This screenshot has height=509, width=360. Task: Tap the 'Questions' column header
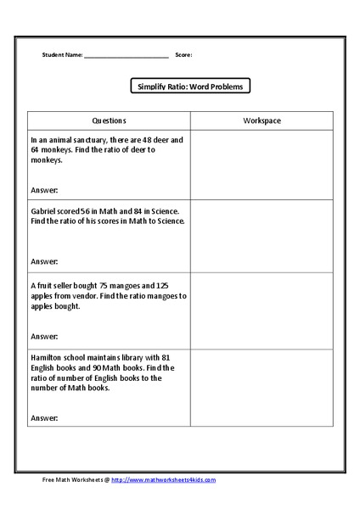click(109, 121)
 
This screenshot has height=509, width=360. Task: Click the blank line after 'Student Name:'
click(127, 56)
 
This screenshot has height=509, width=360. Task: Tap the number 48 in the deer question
click(145, 139)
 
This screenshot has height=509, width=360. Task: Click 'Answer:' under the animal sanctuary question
click(44, 191)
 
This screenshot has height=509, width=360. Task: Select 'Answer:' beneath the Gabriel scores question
click(44, 262)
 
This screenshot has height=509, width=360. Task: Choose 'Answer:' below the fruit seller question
click(44, 338)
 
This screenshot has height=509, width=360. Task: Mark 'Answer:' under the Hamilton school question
click(44, 418)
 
